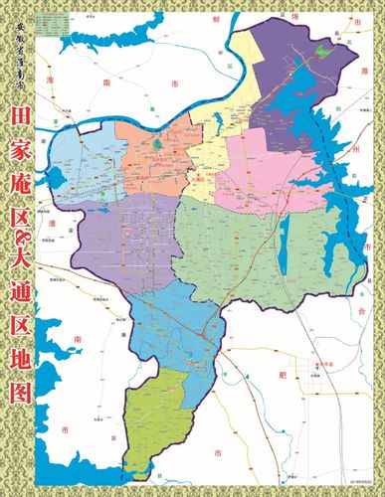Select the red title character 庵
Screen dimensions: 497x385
[20, 214]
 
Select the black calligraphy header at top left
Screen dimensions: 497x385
[20, 70]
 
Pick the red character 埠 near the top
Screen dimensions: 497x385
[353, 18]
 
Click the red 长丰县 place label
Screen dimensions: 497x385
[317, 366]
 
